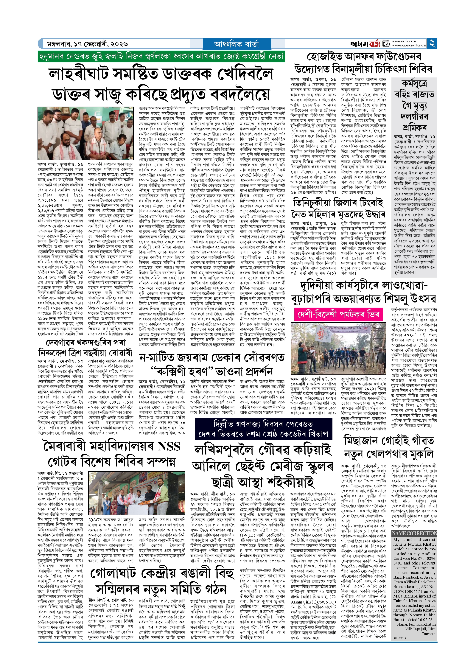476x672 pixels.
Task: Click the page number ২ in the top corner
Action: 432,44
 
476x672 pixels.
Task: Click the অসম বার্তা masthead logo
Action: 365,44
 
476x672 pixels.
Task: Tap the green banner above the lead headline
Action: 161,56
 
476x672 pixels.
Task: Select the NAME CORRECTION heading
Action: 414,533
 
